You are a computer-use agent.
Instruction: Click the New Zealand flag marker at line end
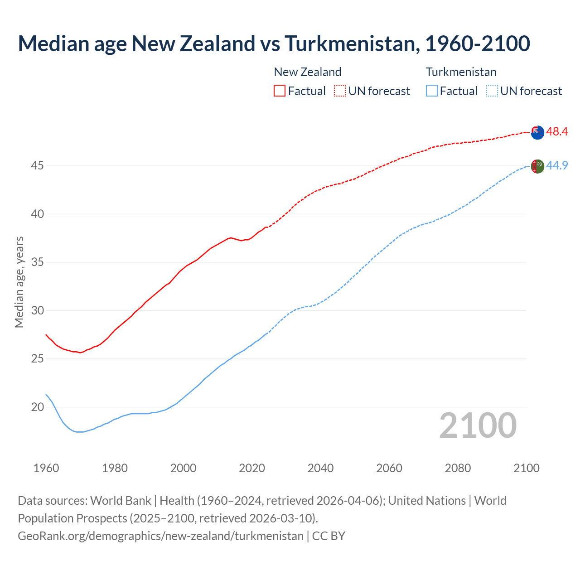(537, 132)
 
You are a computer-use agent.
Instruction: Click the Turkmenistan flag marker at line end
(537, 166)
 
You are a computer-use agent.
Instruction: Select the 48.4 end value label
(557, 132)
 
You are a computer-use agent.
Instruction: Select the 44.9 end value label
(557, 166)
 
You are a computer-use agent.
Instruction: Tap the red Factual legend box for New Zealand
(280, 91)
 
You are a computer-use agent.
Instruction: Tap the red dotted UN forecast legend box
(340, 91)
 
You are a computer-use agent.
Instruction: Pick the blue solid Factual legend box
(432, 91)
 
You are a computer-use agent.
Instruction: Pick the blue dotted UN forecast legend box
(492, 91)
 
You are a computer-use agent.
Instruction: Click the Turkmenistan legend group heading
(461, 72)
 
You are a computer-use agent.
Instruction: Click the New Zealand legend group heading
(308, 72)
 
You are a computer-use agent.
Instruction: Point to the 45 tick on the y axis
(37, 166)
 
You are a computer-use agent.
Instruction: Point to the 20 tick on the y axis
(37, 407)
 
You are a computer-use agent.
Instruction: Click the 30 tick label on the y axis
(37, 311)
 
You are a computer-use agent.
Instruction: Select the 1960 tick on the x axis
(46, 468)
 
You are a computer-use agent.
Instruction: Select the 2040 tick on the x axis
(320, 468)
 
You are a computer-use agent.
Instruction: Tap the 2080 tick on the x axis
(458, 468)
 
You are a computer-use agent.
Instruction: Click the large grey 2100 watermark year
(478, 425)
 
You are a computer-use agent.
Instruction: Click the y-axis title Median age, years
(19, 282)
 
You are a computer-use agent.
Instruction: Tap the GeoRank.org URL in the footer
(160, 536)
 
